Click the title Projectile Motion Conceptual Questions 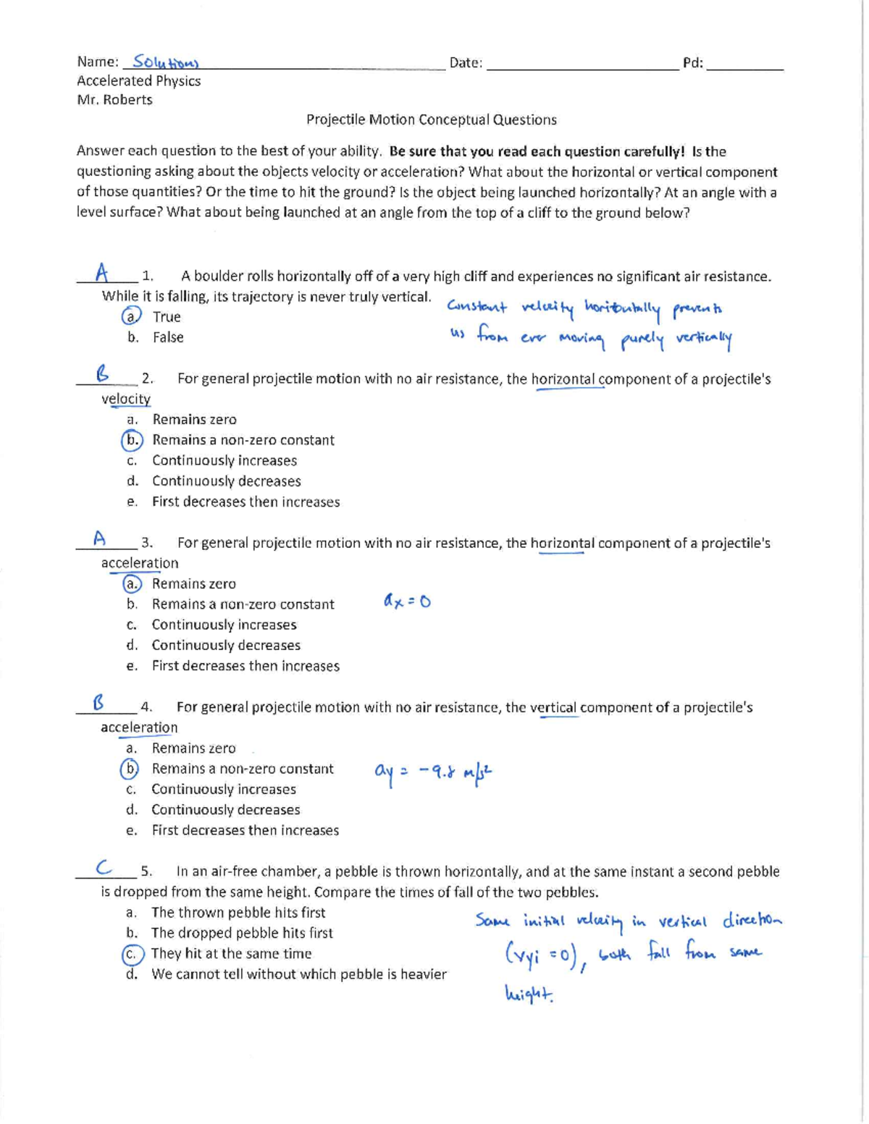[x=431, y=119]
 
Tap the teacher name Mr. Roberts [x=114, y=100]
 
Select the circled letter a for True [x=130, y=316]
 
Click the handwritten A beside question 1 [x=103, y=273]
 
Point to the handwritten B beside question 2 [x=103, y=373]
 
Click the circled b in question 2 [x=132, y=440]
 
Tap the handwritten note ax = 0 [x=407, y=601]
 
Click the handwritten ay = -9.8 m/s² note [x=433, y=772]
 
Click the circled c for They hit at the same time [x=132, y=954]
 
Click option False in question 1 [x=168, y=337]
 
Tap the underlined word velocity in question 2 [x=126, y=399]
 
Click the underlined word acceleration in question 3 [x=140, y=563]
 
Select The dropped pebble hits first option [x=242, y=933]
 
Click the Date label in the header [x=465, y=63]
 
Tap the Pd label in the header [x=692, y=63]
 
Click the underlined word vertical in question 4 [x=553, y=707]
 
